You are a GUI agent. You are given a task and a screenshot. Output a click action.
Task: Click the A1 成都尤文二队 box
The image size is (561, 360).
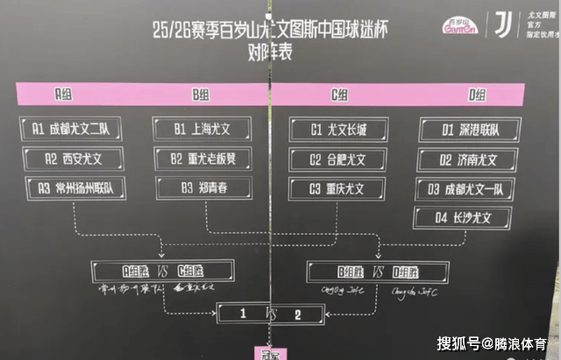point(75,130)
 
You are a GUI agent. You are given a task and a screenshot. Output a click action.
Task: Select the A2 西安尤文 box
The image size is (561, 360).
point(75,159)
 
